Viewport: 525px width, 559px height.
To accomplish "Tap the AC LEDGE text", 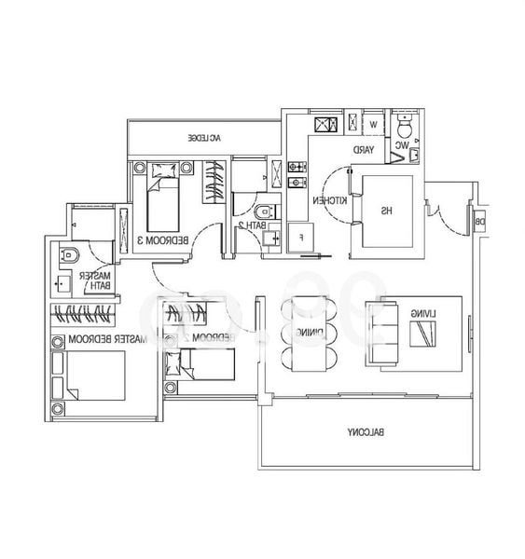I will [x=203, y=138].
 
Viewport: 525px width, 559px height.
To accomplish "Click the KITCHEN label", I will [x=322, y=200].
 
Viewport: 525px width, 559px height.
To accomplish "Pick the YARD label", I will [x=363, y=149].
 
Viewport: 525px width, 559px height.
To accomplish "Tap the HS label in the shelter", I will [x=384, y=211].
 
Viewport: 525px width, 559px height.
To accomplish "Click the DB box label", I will [x=479, y=222].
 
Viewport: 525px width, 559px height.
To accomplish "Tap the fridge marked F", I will [x=301, y=237].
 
